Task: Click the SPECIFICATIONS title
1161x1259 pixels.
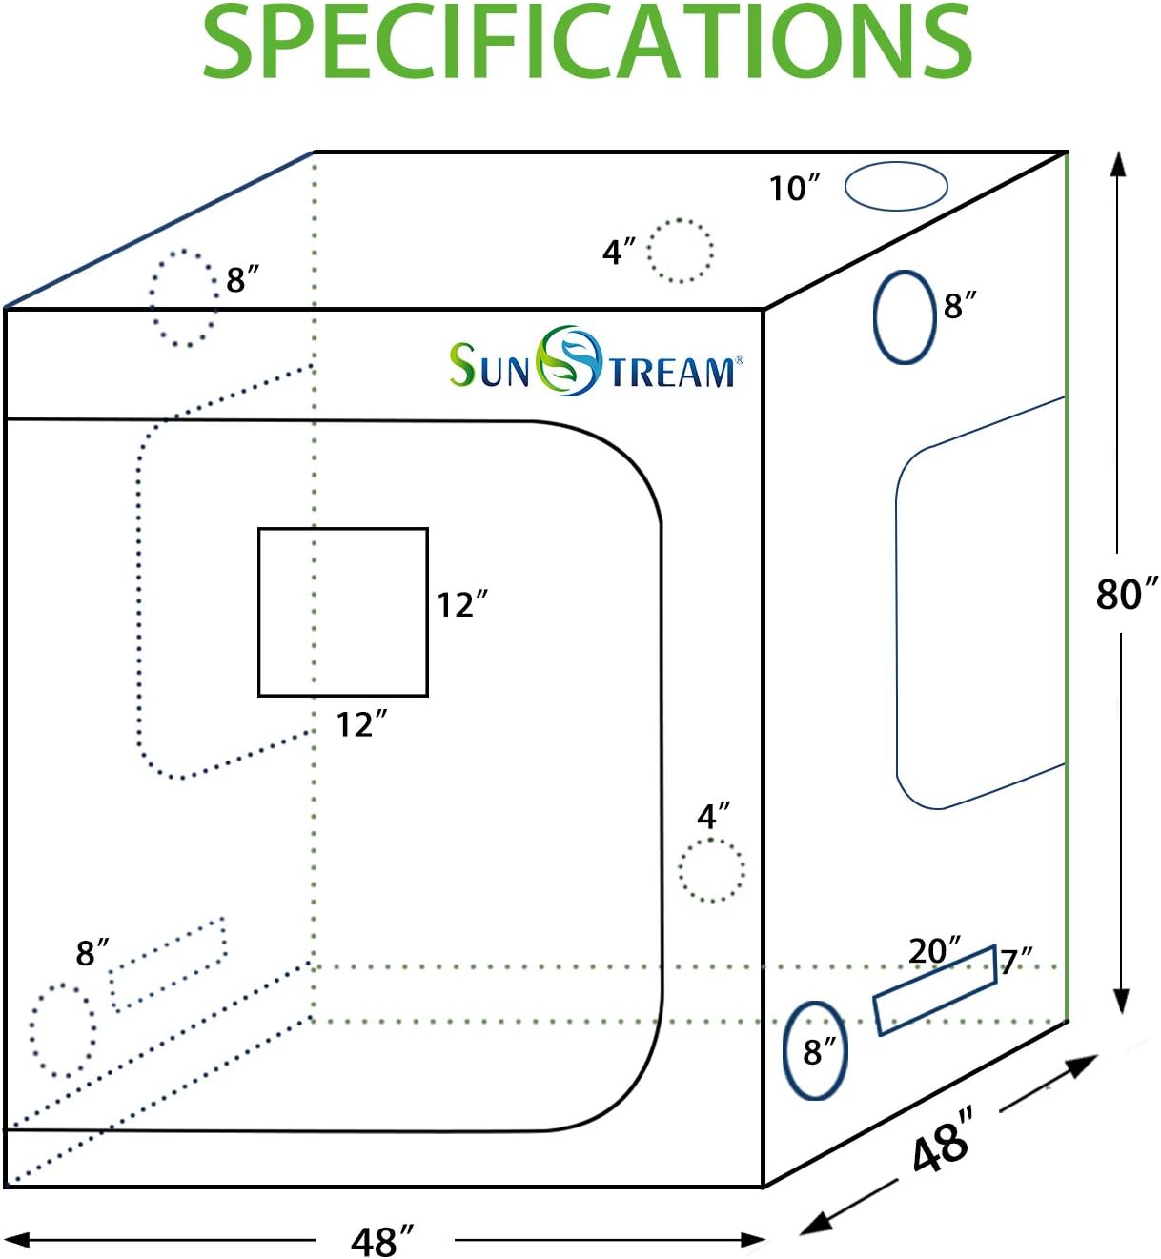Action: [x=586, y=42]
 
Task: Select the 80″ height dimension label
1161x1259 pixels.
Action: [x=1127, y=594]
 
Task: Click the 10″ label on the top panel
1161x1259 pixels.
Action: [x=795, y=189]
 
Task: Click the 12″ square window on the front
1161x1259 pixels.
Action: [x=258, y=612]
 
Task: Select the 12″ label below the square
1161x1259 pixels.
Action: [x=361, y=724]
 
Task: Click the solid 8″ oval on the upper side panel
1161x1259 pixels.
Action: [x=875, y=317]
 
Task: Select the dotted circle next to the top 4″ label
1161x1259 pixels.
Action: [x=649, y=251]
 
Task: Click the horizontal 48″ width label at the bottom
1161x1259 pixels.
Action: [x=382, y=1241]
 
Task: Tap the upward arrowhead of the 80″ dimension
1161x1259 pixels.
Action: [x=1118, y=164]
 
